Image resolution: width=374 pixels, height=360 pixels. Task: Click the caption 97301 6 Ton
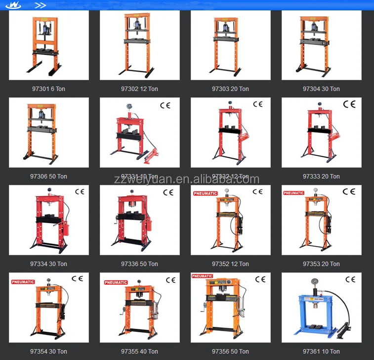(x=48, y=89)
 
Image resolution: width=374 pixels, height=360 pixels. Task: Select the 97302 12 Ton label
(x=139, y=89)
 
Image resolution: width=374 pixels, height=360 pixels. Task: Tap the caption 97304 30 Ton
(x=321, y=89)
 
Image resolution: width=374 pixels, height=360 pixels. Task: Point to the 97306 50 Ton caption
(x=48, y=177)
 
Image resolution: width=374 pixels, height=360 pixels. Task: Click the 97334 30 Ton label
(x=48, y=264)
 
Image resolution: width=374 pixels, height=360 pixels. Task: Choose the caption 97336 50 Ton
(x=139, y=264)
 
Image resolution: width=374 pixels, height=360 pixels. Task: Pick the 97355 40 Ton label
(x=139, y=352)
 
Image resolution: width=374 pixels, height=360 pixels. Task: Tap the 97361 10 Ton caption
(x=321, y=352)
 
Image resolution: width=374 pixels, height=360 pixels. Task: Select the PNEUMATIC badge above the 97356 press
(x=202, y=276)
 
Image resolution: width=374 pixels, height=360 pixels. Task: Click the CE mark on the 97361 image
(x=350, y=279)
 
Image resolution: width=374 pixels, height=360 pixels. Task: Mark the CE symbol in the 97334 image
(x=80, y=192)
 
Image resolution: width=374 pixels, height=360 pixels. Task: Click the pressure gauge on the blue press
(x=315, y=282)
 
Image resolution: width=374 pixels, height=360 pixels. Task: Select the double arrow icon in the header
(x=41, y=5)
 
